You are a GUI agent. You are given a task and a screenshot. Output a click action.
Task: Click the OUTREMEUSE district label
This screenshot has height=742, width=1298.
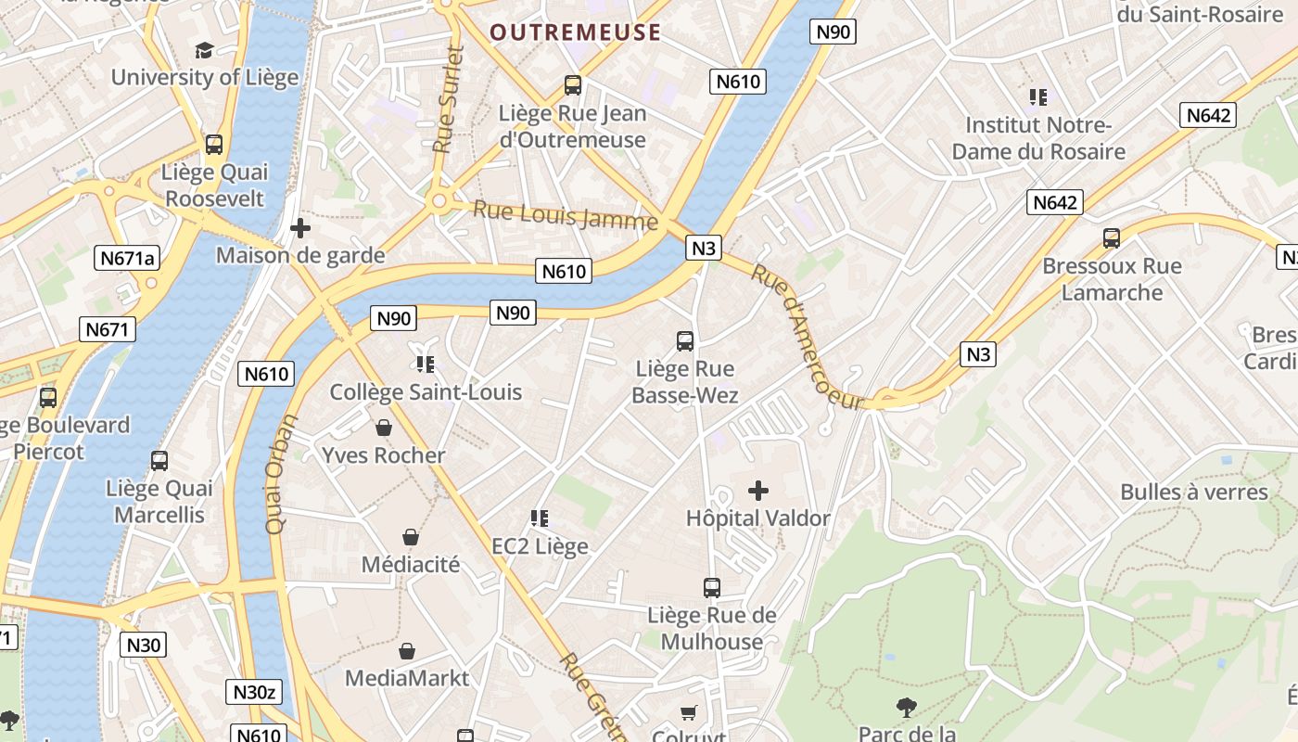[575, 33]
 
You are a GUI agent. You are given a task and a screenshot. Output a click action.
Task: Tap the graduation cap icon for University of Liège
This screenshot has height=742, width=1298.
[204, 50]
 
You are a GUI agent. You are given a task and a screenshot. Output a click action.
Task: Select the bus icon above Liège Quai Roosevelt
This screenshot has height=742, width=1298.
[214, 145]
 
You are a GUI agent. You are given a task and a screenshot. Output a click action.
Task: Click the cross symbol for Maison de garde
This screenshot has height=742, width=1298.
[300, 227]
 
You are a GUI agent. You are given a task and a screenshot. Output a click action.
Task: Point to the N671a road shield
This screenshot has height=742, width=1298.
[127, 258]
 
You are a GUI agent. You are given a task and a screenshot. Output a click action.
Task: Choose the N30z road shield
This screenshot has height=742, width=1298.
[253, 692]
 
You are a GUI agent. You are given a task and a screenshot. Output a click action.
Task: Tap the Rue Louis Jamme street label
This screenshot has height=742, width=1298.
[566, 215]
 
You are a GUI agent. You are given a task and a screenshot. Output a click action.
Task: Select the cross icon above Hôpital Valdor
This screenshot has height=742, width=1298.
[758, 491]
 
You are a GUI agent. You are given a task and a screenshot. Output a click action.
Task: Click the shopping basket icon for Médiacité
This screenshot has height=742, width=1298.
[411, 537]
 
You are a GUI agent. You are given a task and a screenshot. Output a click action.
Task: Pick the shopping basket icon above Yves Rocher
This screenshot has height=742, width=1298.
[384, 428]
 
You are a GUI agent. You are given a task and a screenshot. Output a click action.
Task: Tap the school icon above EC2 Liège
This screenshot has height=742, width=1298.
[540, 518]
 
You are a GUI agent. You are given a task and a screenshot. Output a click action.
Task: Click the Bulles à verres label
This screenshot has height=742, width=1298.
[1193, 492]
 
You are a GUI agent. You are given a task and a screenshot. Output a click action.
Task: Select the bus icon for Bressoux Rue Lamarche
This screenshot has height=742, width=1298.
[1112, 238]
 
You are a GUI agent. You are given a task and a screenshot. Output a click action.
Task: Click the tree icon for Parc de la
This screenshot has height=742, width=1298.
[907, 708]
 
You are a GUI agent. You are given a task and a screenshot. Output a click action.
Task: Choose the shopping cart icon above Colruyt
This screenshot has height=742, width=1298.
[688, 712]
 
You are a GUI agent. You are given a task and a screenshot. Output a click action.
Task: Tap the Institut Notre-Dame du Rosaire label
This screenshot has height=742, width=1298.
[1038, 138]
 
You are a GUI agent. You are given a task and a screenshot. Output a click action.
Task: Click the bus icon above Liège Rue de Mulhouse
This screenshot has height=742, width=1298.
[712, 587]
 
